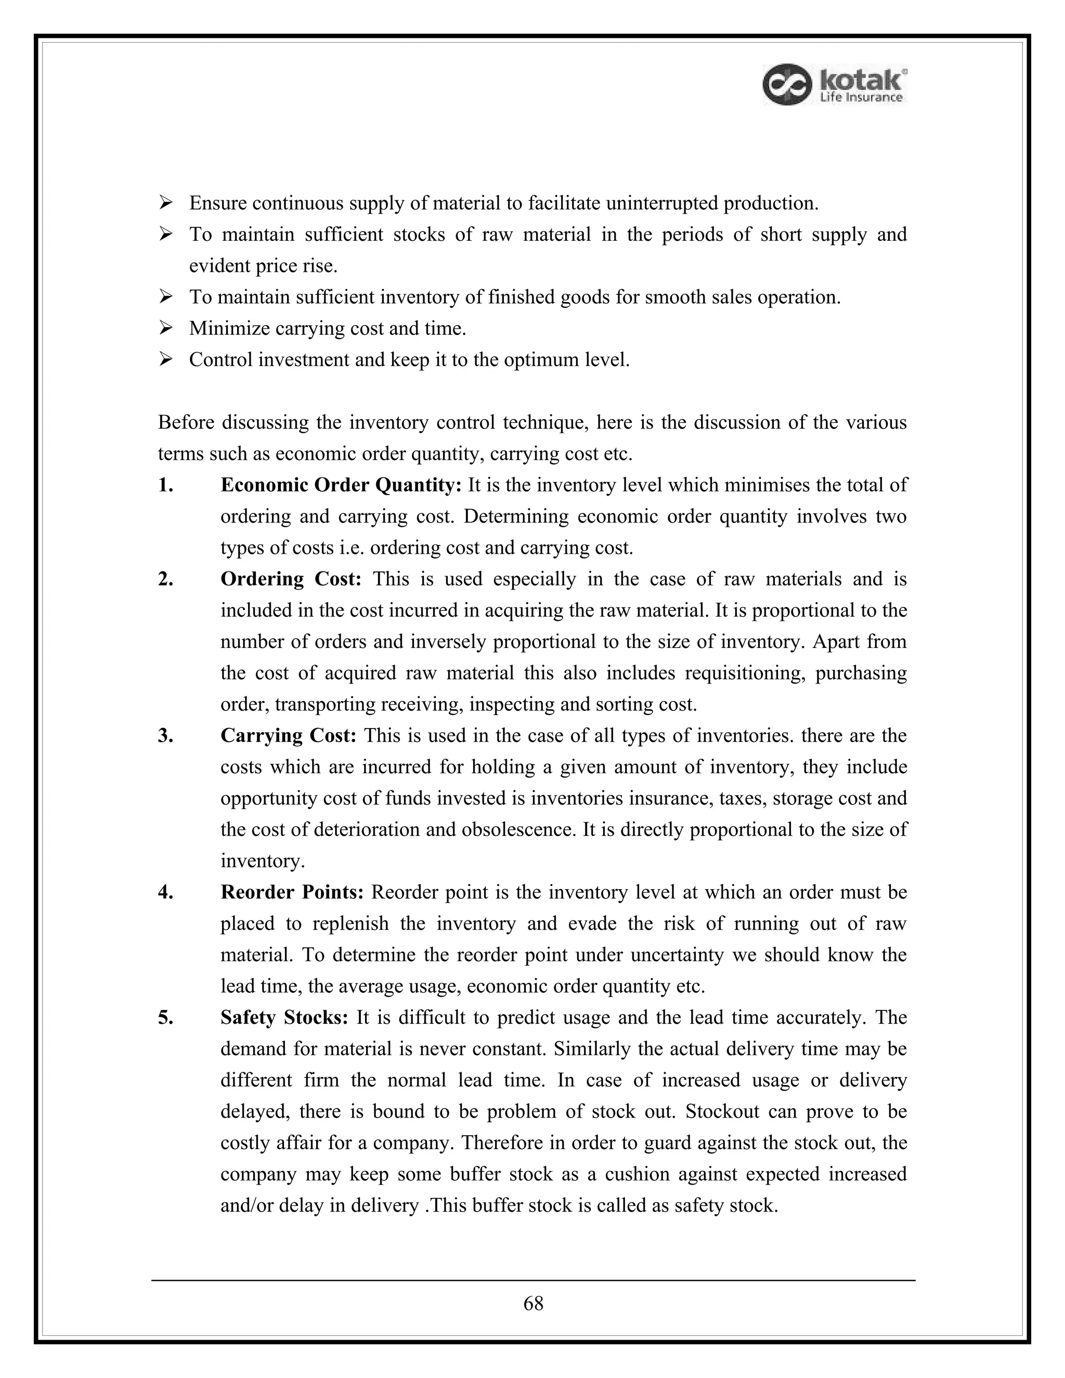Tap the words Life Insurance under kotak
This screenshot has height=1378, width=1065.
[x=861, y=97]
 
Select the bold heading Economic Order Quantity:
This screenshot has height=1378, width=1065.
[x=341, y=485]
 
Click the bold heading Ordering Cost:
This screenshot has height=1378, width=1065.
[x=290, y=579]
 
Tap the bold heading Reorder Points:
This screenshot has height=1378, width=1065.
[x=292, y=892]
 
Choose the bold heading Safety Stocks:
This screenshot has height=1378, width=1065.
[x=284, y=1018]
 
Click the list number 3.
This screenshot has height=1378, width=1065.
[x=165, y=736]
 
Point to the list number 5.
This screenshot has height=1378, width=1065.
[x=165, y=1018]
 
